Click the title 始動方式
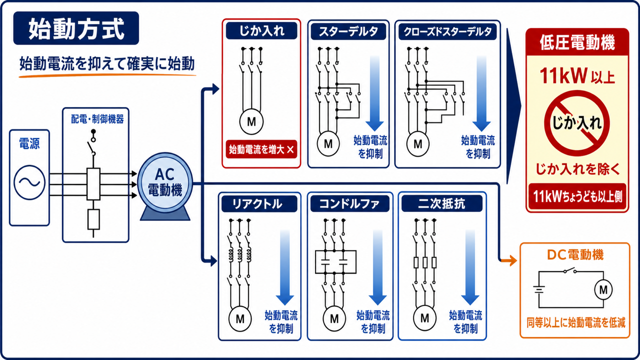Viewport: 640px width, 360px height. click(x=76, y=28)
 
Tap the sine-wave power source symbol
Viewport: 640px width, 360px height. click(x=29, y=182)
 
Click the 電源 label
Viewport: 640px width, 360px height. click(x=29, y=143)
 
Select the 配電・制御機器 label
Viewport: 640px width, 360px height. click(x=97, y=119)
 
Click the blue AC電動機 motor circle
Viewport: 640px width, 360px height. click(x=165, y=182)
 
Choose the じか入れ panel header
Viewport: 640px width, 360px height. click(x=261, y=30)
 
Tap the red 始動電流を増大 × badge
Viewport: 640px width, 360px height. click(x=261, y=149)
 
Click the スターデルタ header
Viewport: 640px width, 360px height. click(x=348, y=31)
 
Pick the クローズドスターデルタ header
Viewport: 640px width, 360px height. click(x=447, y=31)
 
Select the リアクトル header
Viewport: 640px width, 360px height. click(x=259, y=204)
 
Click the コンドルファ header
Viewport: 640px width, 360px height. click(x=349, y=204)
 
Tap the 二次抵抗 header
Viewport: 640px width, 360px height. click(x=441, y=204)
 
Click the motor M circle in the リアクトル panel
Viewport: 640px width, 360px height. click(x=240, y=318)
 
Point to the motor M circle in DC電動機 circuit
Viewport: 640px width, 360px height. click(x=603, y=289)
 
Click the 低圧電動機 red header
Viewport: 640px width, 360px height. click(x=577, y=42)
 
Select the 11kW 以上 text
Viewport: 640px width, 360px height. click(x=577, y=75)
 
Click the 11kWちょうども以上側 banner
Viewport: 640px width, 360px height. click(x=577, y=196)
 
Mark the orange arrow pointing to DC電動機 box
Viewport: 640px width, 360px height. click(x=509, y=260)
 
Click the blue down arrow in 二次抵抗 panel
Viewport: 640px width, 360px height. click(x=470, y=267)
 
